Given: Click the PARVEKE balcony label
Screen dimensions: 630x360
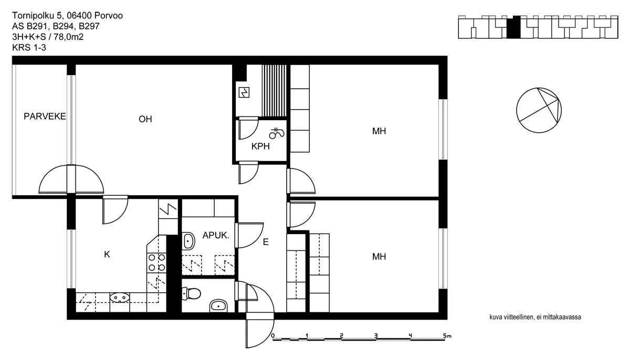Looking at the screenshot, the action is click(x=45, y=117).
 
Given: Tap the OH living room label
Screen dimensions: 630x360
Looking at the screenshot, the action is click(x=145, y=119).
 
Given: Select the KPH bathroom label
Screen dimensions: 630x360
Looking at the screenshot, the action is click(x=260, y=146).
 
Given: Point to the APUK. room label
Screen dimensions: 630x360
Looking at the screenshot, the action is click(x=216, y=235).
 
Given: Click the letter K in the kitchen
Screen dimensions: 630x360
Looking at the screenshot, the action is click(x=107, y=255).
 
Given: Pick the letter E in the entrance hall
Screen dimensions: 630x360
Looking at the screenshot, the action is click(x=266, y=242).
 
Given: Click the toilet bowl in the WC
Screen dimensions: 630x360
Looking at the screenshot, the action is click(x=191, y=294).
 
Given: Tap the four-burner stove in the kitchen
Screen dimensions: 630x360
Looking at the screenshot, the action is click(x=156, y=262).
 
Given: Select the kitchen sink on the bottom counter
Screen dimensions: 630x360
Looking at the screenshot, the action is click(x=120, y=298).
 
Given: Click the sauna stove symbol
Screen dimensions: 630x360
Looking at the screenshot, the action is click(x=244, y=92).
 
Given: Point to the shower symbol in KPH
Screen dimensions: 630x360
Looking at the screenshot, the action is click(x=277, y=133).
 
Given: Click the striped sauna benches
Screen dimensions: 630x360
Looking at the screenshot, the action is click(x=274, y=90).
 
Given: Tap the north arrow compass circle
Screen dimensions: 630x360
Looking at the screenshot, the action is click(x=539, y=110).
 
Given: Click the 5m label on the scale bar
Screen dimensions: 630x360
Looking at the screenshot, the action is click(x=447, y=336).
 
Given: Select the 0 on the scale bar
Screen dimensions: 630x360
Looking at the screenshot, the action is click(x=273, y=335).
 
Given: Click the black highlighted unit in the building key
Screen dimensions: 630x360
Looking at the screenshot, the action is click(x=513, y=27).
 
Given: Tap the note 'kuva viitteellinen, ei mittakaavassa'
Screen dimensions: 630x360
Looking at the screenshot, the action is click(x=535, y=317).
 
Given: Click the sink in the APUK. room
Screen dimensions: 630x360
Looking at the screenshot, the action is click(x=188, y=241).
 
